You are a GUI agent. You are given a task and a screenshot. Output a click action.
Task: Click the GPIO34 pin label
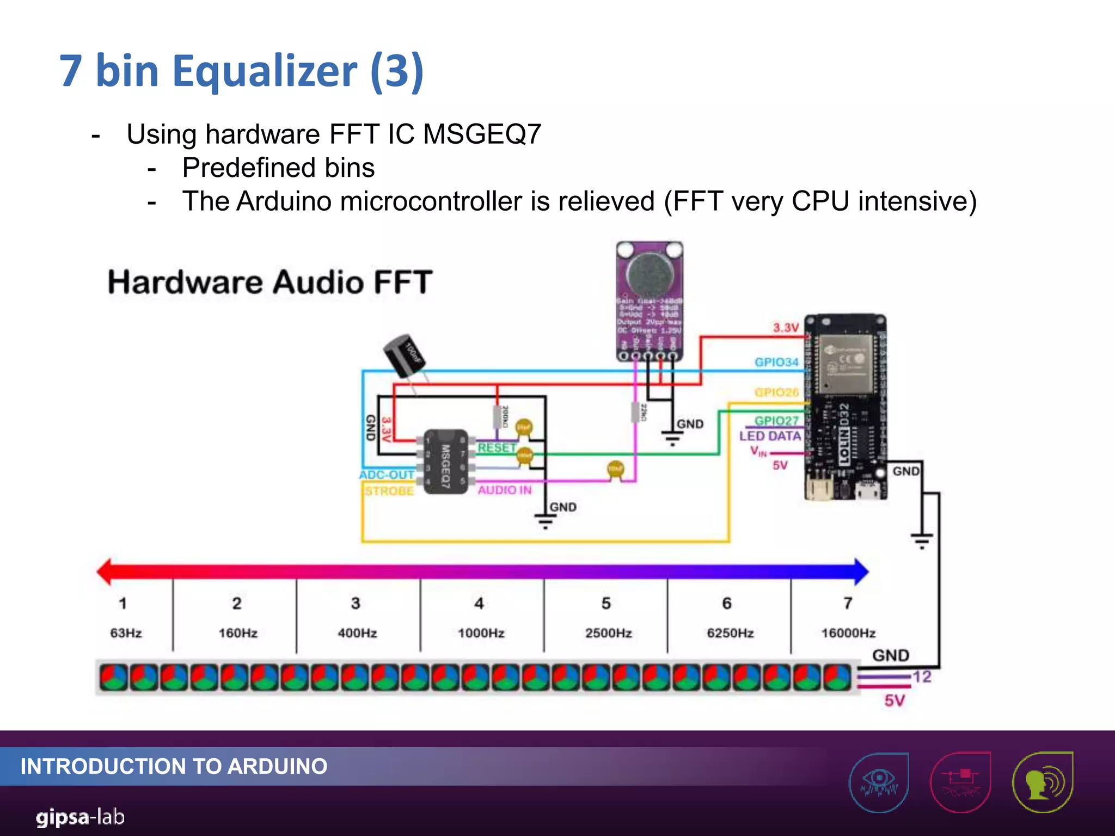pyautogui.click(x=776, y=362)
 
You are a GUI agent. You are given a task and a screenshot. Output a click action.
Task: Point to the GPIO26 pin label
pyautogui.click(x=776, y=392)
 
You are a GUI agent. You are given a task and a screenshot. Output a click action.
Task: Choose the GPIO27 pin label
pyautogui.click(x=776, y=420)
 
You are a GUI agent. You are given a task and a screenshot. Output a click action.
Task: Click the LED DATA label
pyautogui.click(x=770, y=436)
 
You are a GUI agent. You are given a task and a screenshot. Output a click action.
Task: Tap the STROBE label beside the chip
pyautogui.click(x=389, y=491)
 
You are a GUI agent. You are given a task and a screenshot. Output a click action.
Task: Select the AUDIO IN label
pyautogui.click(x=505, y=490)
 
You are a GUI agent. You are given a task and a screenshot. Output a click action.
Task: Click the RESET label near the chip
pyautogui.click(x=497, y=447)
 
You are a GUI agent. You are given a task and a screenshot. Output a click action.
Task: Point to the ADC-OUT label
pyautogui.click(x=387, y=475)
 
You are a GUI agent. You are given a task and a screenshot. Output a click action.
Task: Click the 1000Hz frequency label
pyautogui.click(x=481, y=633)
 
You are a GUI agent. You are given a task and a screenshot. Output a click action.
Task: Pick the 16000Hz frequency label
pyautogui.click(x=848, y=633)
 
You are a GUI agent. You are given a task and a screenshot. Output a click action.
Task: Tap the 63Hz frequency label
pyautogui.click(x=126, y=633)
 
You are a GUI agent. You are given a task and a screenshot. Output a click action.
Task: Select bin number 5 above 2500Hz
pyautogui.click(x=606, y=603)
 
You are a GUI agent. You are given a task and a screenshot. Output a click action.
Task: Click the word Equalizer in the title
pyautogui.click(x=265, y=71)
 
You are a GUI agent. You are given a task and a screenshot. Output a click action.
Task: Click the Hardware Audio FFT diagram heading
pyautogui.click(x=270, y=282)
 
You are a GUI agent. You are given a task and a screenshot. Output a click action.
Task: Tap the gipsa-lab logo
pyautogui.click(x=80, y=817)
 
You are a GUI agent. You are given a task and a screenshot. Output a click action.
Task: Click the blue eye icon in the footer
pyautogui.click(x=879, y=782)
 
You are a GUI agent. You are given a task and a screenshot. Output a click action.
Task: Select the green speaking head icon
pyautogui.click(x=1042, y=782)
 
